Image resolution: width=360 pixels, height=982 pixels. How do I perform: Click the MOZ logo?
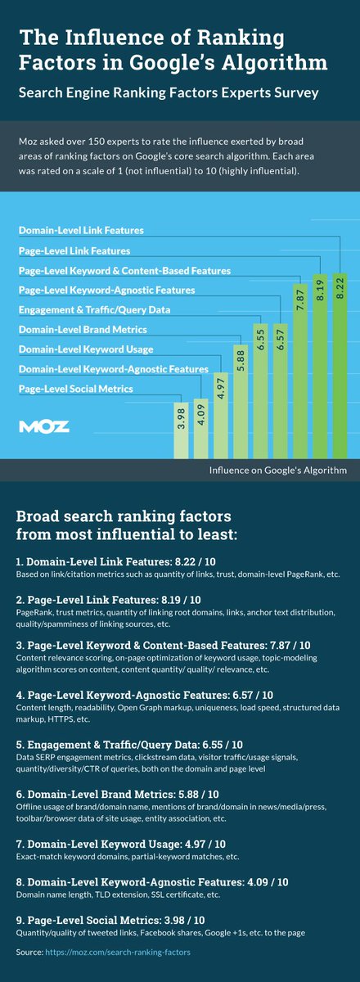[44, 426]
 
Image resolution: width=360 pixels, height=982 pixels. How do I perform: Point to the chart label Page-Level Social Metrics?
[75, 389]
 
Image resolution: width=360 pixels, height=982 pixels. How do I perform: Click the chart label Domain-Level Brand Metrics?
[83, 329]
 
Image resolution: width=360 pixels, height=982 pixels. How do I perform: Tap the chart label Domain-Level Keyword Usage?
[80, 349]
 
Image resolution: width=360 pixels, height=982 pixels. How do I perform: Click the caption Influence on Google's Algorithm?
[277, 470]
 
